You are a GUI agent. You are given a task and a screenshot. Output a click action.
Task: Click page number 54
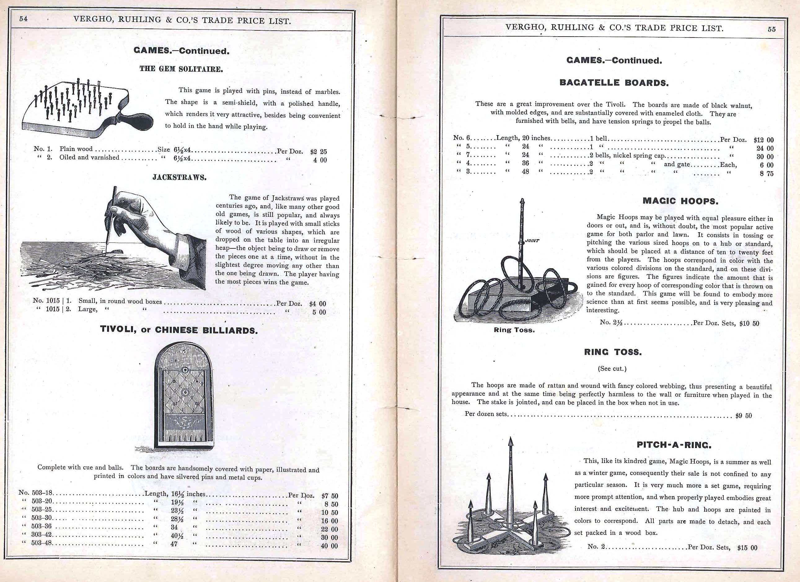point(23,19)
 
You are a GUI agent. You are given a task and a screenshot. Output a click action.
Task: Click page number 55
point(772,29)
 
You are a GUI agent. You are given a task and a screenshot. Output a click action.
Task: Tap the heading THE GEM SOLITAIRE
point(181,69)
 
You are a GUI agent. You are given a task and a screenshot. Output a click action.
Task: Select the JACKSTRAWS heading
point(179,178)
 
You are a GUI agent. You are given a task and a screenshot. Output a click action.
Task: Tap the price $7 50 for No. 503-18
point(329,495)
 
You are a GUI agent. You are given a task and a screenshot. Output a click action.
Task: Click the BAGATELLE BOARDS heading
point(614,83)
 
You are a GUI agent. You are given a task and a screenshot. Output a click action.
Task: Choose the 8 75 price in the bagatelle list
point(767,174)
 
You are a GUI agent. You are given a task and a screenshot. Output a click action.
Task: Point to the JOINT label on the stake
point(532,241)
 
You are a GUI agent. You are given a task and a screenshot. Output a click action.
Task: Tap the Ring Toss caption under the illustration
point(514,330)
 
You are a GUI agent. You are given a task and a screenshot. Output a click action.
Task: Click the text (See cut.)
point(612,369)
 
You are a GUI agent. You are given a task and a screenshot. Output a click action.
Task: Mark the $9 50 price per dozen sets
point(743,416)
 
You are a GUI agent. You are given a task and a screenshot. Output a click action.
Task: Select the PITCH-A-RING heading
point(674,445)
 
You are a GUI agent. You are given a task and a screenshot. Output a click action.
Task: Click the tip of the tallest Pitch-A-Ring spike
point(510,439)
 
